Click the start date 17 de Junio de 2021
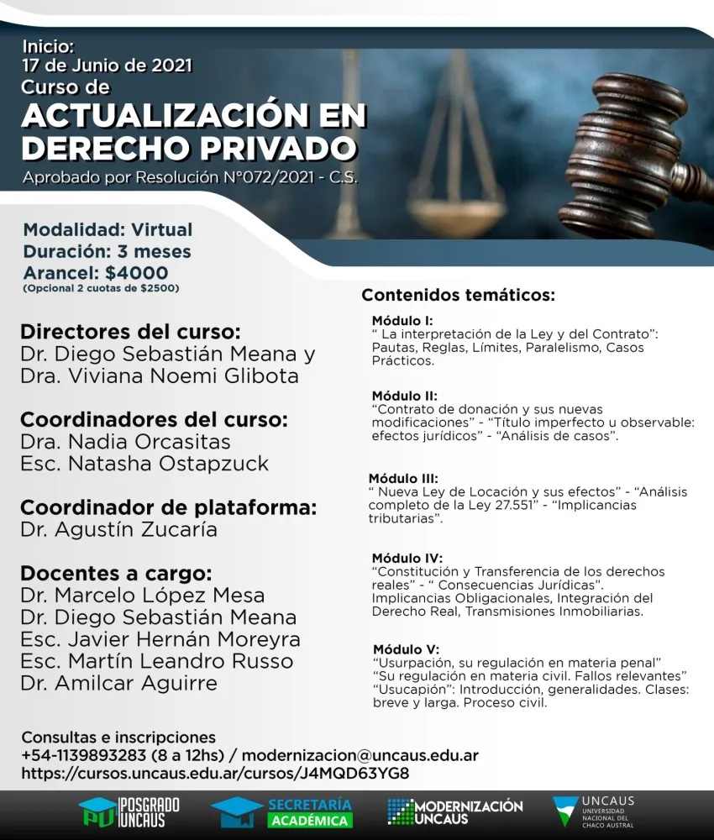[108, 65]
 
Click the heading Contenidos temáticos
[458, 296]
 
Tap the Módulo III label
[403, 479]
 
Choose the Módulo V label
[405, 649]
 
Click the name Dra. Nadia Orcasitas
[125, 441]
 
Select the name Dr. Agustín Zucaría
[118, 529]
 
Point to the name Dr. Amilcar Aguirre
[118, 683]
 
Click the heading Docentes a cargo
[116, 574]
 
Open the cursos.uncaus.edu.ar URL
[215, 773]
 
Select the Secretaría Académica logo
[282, 812]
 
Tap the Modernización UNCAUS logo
[455, 812]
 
